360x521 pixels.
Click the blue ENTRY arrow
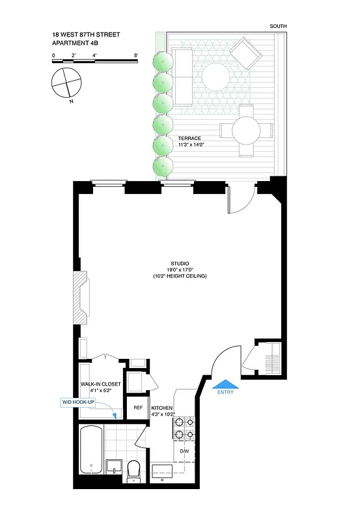(224, 384)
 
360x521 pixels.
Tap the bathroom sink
(113, 466)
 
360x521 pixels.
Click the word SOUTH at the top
(278, 26)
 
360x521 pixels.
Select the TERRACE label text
(189, 139)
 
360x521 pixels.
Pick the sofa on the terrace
(182, 77)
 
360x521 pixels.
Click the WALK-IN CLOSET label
(101, 384)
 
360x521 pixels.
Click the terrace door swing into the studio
(238, 202)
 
